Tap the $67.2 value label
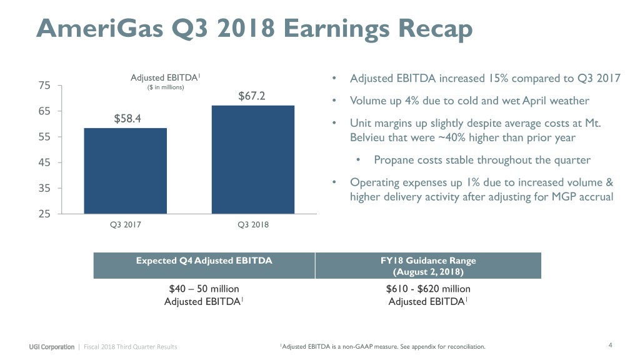[252, 96]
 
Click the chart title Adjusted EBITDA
[165, 77]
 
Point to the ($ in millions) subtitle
[165, 87]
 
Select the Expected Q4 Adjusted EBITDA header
[204, 261]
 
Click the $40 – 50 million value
[204, 289]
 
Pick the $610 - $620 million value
[428, 289]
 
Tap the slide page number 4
[609, 346]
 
